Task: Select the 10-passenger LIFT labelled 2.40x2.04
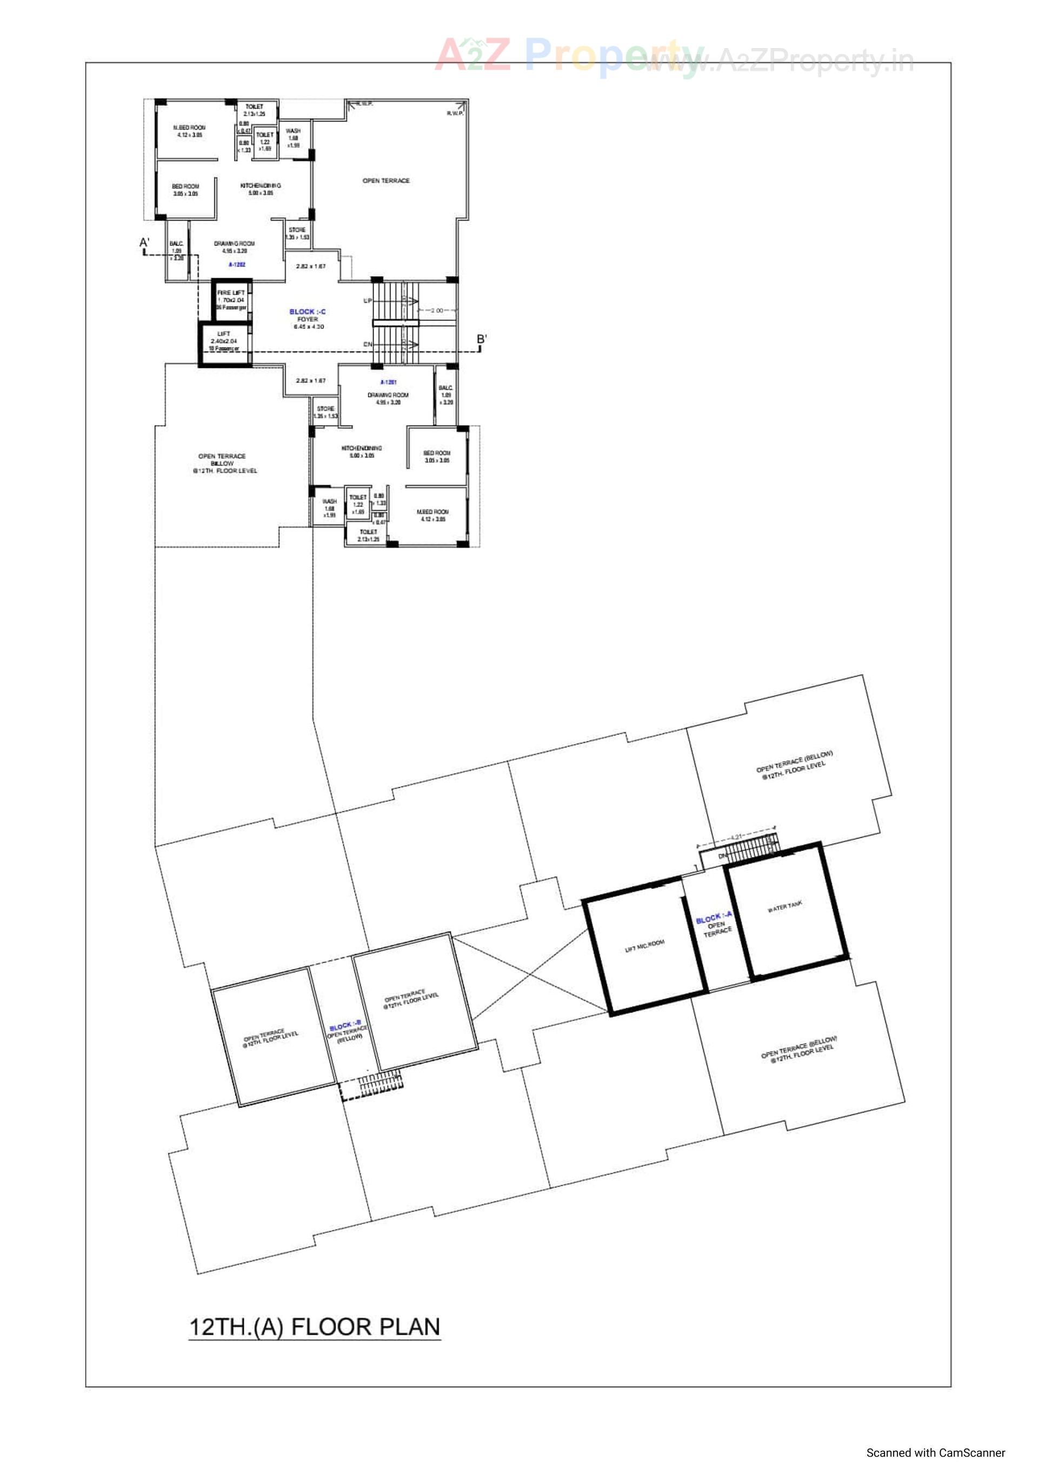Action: [224, 341]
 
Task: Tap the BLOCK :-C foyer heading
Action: [308, 312]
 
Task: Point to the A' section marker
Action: [144, 243]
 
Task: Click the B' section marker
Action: [482, 340]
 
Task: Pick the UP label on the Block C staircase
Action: [368, 301]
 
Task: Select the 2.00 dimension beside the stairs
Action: [436, 311]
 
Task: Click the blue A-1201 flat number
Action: [388, 382]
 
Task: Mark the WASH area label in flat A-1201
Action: [329, 502]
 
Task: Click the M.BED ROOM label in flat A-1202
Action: [189, 128]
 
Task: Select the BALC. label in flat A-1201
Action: [445, 388]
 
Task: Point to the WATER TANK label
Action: [785, 907]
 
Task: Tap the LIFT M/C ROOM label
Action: [644, 946]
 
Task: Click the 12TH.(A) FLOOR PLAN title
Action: [315, 1327]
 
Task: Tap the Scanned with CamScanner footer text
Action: [936, 1453]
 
